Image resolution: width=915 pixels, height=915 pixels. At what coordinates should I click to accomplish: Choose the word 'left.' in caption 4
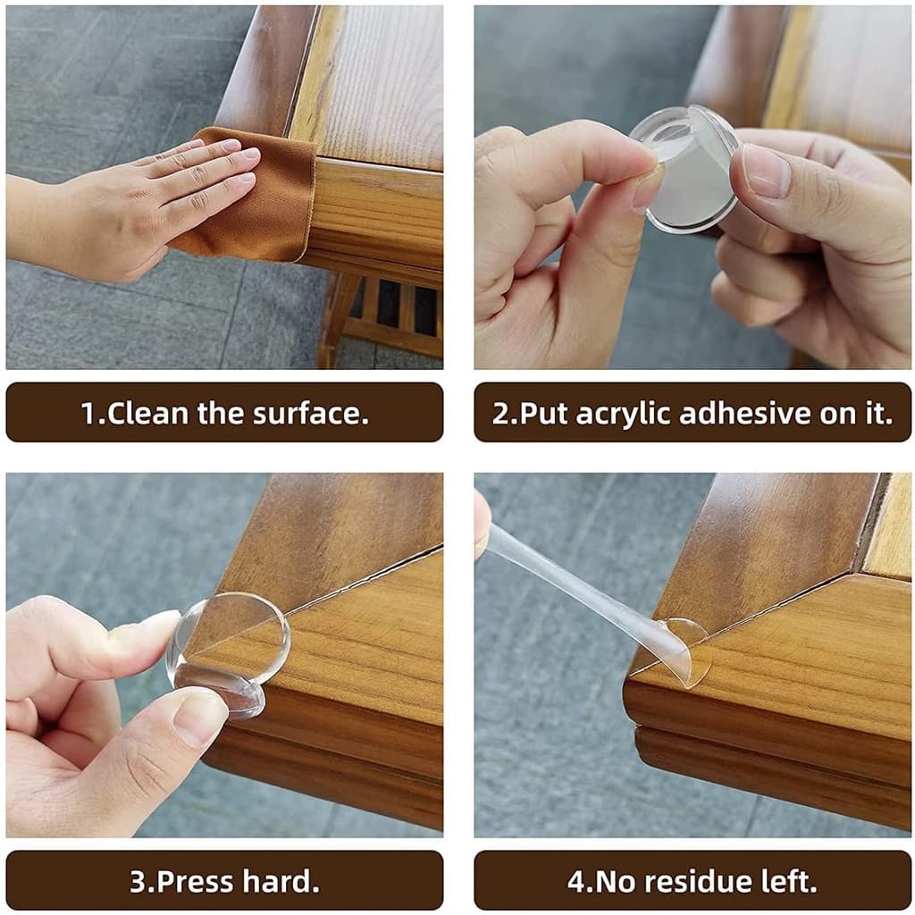[x=785, y=881]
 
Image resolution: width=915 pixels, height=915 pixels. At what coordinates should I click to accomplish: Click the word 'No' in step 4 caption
[x=608, y=881]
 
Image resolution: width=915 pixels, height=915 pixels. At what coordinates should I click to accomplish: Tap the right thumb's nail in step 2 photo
[x=765, y=170]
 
